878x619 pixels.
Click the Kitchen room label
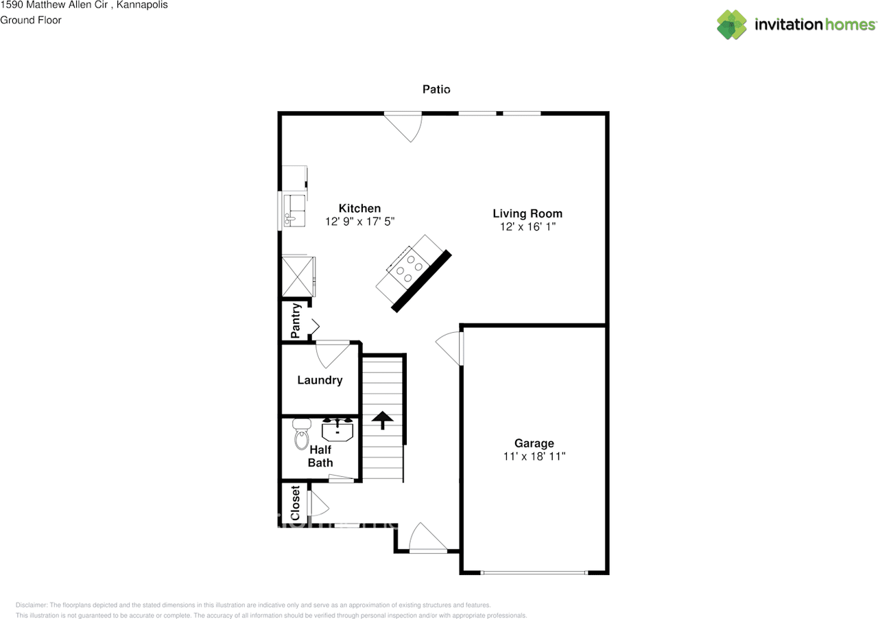coord(359,209)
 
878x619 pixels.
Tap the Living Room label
coord(527,213)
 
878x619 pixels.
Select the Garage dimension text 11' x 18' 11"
coord(534,456)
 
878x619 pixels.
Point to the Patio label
coord(436,89)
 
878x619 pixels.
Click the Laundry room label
coord(320,380)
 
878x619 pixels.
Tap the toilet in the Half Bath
coord(301,436)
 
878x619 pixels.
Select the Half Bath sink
coord(337,430)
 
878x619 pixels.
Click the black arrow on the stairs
coord(382,419)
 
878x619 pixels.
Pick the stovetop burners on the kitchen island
coord(408,268)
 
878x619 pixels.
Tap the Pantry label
coord(296,321)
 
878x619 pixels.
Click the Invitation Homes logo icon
coord(732,25)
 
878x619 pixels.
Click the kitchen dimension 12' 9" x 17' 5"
coord(359,222)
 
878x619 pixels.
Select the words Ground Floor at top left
coord(31,20)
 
